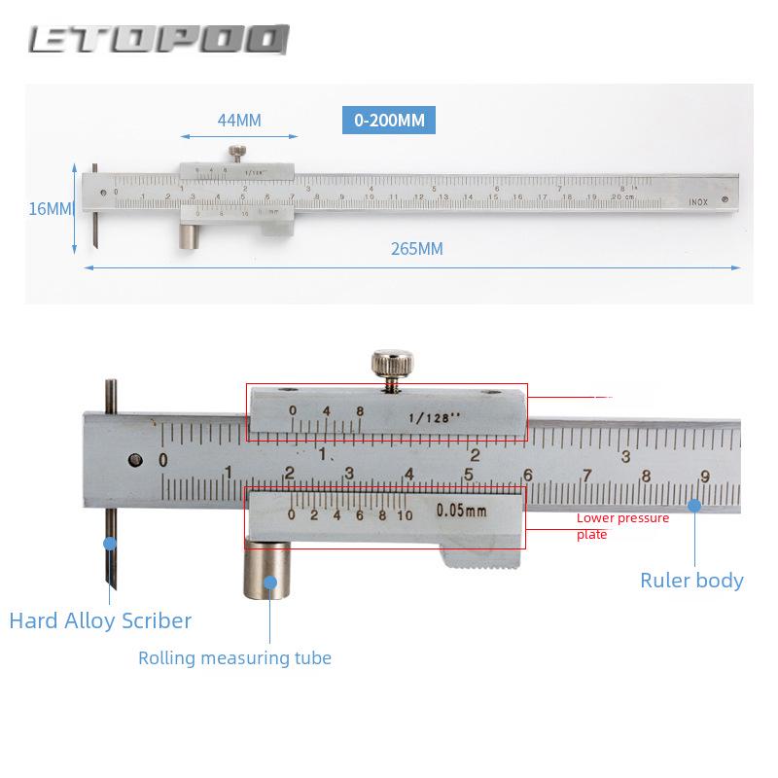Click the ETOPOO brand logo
(x=159, y=39)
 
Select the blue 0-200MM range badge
(x=388, y=121)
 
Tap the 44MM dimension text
(x=238, y=121)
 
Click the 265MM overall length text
(x=417, y=248)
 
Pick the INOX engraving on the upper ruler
(x=698, y=201)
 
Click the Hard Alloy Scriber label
(x=100, y=620)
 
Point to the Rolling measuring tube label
(x=234, y=658)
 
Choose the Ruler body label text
(x=691, y=581)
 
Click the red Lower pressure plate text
(x=622, y=526)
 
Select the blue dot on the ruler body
(x=694, y=505)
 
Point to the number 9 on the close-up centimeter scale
(x=704, y=475)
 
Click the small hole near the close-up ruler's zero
(x=134, y=458)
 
